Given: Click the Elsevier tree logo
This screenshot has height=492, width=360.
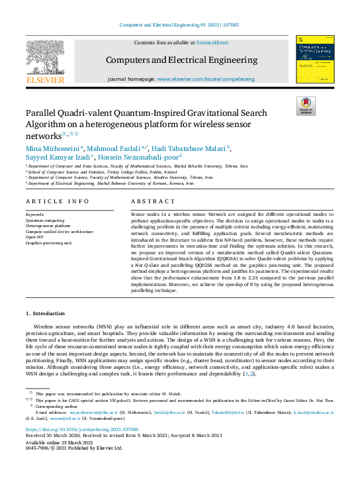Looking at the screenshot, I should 45,60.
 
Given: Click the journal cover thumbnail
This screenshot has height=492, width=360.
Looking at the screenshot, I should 314,60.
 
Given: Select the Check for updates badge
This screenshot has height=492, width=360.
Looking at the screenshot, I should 305,105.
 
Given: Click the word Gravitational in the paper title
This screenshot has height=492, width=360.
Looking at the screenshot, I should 209,113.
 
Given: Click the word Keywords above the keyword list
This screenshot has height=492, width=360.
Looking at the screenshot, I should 35,215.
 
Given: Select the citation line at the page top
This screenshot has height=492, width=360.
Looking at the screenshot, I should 179,25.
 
